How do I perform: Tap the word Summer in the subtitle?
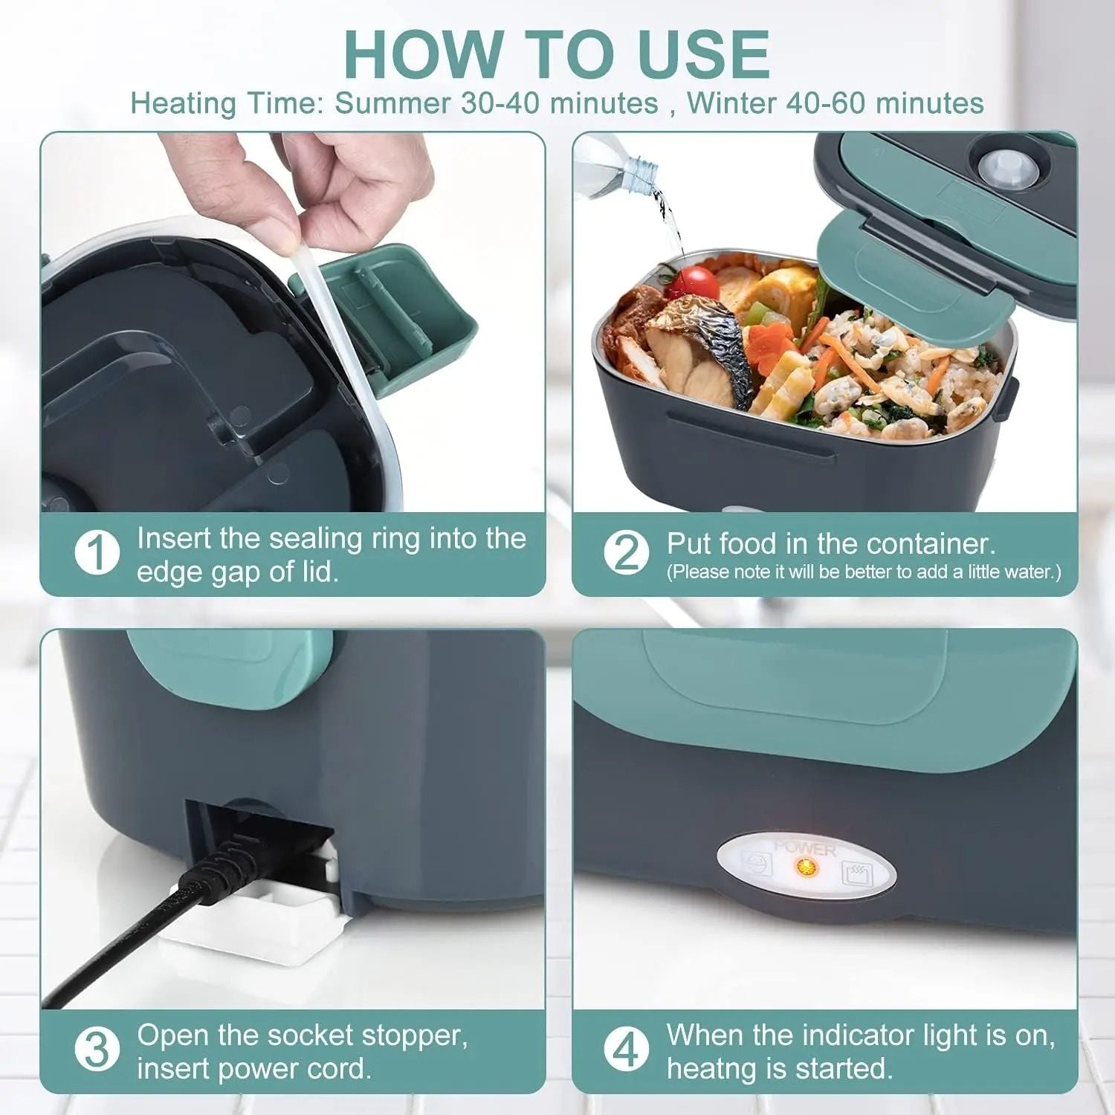[x=392, y=103]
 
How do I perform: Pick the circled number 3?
[x=97, y=1050]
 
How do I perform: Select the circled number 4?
[x=626, y=1050]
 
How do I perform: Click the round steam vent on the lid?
[x=1000, y=167]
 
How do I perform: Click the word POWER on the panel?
[x=805, y=847]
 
